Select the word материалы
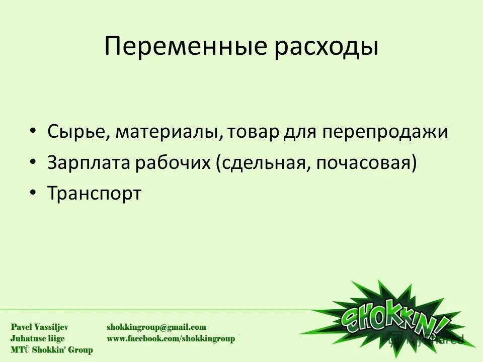[x=169, y=132]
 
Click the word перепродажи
[x=385, y=132]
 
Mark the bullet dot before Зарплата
[x=33, y=161]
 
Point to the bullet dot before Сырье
[x=33, y=131]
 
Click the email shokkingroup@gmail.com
[x=156, y=327]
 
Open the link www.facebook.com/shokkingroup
[x=171, y=339]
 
